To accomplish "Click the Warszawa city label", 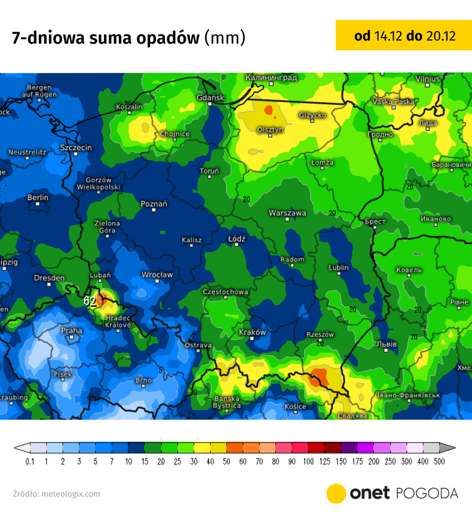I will tap(287, 213).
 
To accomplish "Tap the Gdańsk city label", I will tap(210, 97).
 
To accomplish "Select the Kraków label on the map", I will tap(252, 332).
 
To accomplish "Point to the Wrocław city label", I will tap(157, 275).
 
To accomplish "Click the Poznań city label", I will tap(154, 204).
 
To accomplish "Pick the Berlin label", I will tap(38, 198).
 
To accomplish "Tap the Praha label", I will tap(71, 330).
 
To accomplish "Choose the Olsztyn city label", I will tap(270, 129).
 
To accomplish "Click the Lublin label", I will tap(338, 268).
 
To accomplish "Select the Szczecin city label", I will tap(76, 147).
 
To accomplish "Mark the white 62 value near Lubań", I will tap(90, 301).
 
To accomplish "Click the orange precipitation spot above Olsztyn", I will tap(269, 110).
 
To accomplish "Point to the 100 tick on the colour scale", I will tap(308, 462).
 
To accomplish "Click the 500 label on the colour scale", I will tap(439, 462).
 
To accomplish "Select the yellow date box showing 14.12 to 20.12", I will tap(404, 36).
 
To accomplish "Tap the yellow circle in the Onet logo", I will tap(336, 493).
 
